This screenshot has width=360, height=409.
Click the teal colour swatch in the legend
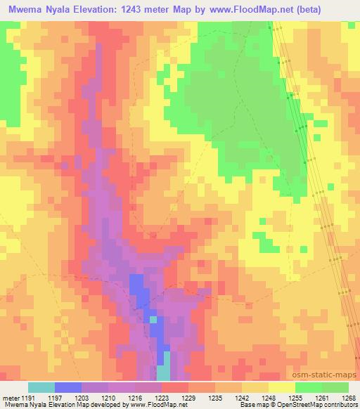pyautogui.click(x=41, y=387)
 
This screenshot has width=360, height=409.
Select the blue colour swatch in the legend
pyautogui.click(x=67, y=387)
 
